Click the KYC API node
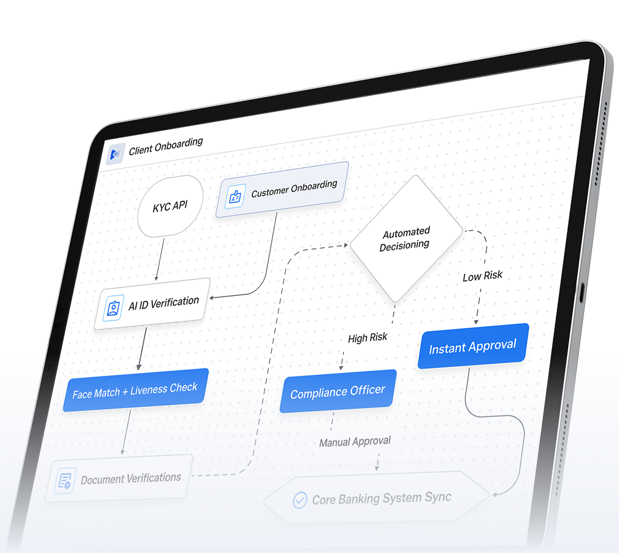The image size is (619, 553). [x=170, y=207]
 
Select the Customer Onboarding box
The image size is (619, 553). [x=282, y=190]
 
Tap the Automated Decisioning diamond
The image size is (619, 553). [x=406, y=239]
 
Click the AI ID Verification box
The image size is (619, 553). [x=152, y=304]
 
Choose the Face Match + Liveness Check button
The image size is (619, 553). [x=135, y=390]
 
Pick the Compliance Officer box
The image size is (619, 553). [x=337, y=391]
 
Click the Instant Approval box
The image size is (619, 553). [x=473, y=346]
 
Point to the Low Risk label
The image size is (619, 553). [x=482, y=276]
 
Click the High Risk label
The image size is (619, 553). [x=368, y=338]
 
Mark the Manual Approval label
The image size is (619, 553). [x=355, y=442]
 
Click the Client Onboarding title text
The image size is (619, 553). [x=165, y=147]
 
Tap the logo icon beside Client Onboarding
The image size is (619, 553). [x=116, y=154]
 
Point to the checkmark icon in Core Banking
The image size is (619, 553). [x=299, y=501]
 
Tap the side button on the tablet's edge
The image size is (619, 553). [x=582, y=294]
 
